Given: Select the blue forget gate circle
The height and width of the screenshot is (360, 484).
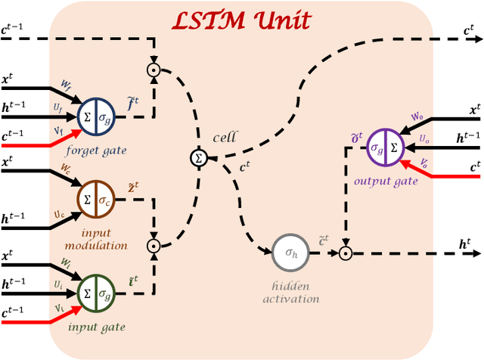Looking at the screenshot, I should (x=97, y=115).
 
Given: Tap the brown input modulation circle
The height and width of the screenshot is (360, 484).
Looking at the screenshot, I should (x=96, y=200).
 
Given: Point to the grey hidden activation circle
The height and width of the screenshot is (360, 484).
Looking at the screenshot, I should (x=289, y=254).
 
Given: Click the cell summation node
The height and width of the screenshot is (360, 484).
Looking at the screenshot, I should (x=200, y=159).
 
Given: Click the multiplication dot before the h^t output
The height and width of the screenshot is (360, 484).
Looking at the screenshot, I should (x=345, y=254).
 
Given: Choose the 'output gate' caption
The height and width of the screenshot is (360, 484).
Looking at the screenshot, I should (x=386, y=182).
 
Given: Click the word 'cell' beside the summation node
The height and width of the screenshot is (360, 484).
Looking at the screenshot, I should (x=225, y=137).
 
